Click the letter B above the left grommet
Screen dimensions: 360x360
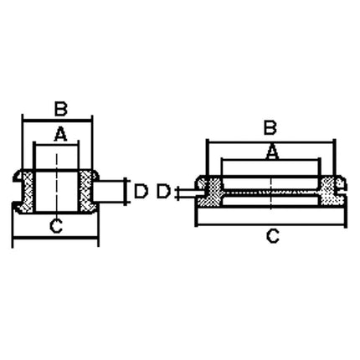coord(59,108)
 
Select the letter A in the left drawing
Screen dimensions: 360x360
coord(59,132)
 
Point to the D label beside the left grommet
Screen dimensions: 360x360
coord(141,192)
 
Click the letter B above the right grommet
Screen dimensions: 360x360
coord(270,127)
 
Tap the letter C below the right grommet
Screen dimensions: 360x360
coord(272,236)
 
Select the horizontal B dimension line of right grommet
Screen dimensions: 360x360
coord(270,140)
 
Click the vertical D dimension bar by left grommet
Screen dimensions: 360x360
coord(126,192)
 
